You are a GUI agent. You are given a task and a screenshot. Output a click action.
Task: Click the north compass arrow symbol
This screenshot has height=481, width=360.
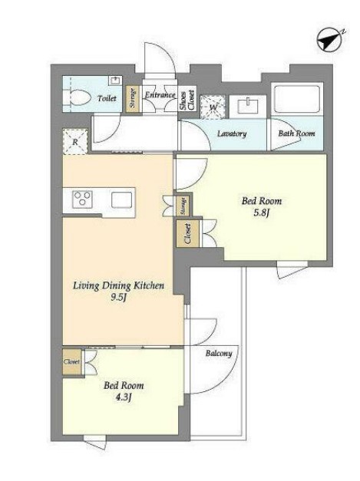(x=330, y=40)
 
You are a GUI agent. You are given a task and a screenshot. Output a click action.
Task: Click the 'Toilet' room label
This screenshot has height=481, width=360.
(x=107, y=98)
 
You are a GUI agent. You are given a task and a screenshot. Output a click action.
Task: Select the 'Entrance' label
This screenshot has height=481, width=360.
(x=160, y=95)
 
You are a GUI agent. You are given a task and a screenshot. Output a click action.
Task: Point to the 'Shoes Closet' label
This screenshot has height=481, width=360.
(x=187, y=100)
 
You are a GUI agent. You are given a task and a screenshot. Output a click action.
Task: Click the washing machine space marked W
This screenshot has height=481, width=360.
(x=213, y=107)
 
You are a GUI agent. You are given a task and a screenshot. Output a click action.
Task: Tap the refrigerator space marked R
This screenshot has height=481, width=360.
(x=75, y=142)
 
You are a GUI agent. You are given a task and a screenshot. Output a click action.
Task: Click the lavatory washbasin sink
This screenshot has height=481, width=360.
(x=247, y=106)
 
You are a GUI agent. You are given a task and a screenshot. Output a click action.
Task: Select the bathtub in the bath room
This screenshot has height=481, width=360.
(x=297, y=99)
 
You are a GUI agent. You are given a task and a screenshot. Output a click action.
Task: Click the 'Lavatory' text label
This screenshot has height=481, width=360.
(x=232, y=133)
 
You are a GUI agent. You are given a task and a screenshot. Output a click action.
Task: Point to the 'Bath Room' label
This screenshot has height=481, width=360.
(x=296, y=133)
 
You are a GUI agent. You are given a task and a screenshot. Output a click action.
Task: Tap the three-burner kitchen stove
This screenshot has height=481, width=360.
(x=82, y=199)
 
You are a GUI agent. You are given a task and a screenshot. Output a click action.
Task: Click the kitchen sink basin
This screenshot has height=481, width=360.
(x=121, y=199)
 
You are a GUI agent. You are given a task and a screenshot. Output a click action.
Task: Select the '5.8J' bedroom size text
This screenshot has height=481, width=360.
(x=261, y=213)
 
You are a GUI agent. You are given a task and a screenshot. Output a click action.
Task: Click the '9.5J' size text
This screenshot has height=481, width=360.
(x=118, y=297)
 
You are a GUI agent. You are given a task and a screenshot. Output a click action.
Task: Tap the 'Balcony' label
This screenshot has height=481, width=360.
(x=219, y=354)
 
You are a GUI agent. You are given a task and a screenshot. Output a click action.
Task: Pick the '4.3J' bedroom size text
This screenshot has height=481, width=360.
(x=124, y=397)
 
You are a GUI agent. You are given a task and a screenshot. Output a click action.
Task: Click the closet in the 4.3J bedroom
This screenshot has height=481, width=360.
(x=72, y=361)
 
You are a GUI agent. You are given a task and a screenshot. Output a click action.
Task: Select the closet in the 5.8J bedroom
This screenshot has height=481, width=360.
(x=188, y=233)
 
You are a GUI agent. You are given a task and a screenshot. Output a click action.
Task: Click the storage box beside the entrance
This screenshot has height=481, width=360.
(x=133, y=98)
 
